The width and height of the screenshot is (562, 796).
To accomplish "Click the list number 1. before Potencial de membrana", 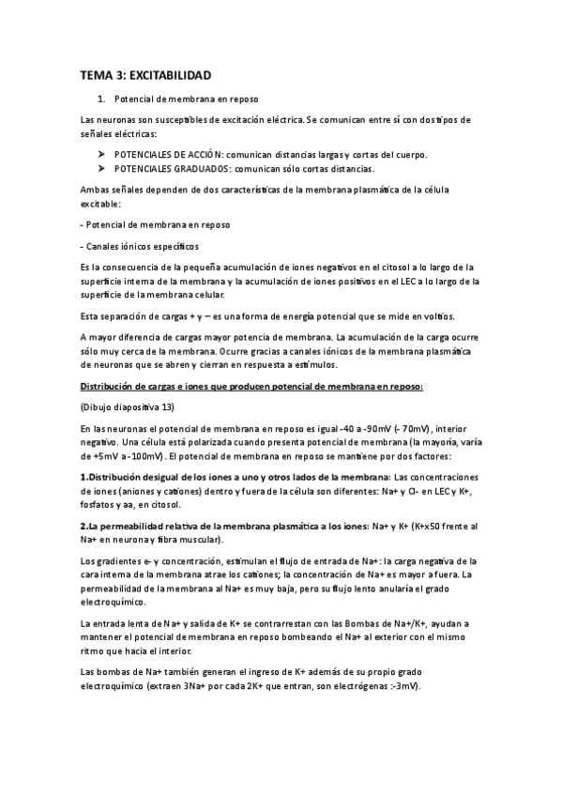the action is click(x=101, y=99).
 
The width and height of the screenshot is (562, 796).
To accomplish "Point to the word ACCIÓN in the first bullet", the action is click(x=204, y=154).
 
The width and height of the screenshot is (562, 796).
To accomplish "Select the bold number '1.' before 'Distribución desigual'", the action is click(x=84, y=478).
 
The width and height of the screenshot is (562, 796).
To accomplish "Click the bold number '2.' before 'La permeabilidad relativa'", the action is click(x=84, y=527).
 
